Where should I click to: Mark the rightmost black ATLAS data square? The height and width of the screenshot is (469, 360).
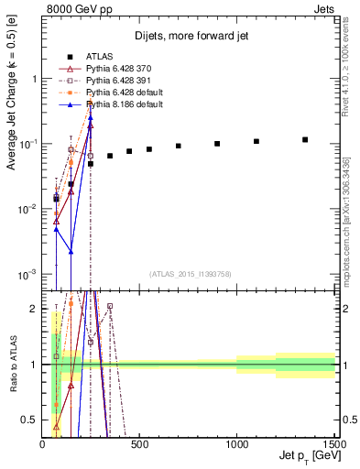pos(305,140)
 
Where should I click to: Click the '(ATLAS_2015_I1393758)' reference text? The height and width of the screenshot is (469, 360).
pos(189,274)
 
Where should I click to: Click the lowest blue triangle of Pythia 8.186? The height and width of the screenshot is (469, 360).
pos(71,252)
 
